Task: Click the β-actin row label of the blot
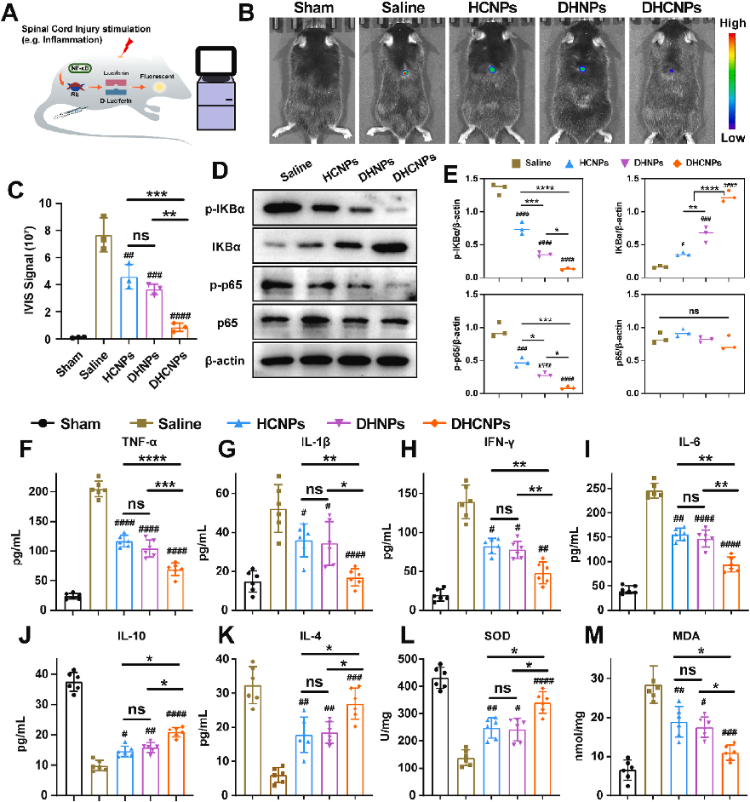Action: point(225,361)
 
